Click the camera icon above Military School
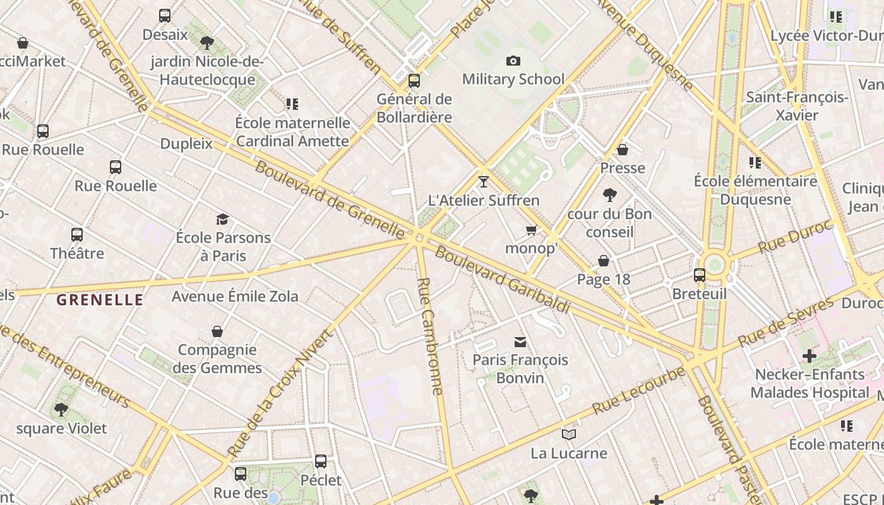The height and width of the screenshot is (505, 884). pos(513,61)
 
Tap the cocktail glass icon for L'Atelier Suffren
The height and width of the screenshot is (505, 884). pos(484,182)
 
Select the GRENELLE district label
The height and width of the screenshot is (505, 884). pos(100,300)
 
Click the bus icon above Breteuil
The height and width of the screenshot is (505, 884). pos(700,275)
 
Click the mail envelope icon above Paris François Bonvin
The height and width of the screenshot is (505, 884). pos(520,342)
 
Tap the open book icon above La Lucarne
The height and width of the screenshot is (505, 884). pos(569,434)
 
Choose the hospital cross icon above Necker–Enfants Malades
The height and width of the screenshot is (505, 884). pos(809,356)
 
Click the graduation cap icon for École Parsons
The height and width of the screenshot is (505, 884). pos(222,219)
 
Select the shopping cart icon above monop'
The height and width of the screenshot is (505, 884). pos(532,230)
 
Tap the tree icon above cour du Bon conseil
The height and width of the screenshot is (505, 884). pos(609,194)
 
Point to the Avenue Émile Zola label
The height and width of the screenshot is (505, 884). pos(235,296)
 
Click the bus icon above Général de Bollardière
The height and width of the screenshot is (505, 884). pos(414,81)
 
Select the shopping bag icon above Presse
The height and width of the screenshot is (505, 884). pos(623,150)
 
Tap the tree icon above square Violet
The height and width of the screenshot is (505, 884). pos(61,410)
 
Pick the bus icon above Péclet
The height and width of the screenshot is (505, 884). pos(321,461)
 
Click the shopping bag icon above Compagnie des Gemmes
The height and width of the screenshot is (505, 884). pos(217,331)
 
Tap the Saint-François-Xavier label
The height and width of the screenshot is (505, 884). pos(797,106)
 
